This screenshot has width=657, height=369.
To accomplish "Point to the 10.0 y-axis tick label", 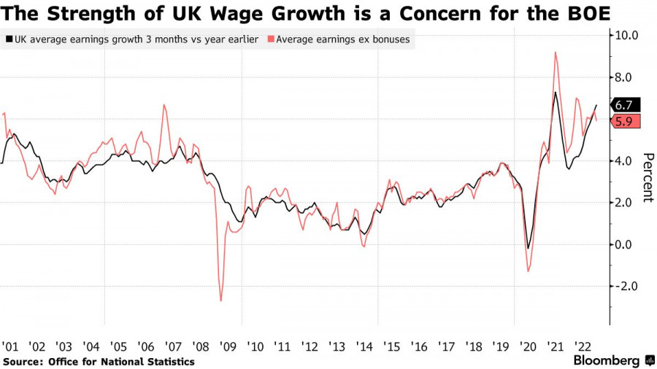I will pos(628,35).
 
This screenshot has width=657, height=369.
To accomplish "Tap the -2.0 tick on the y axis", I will pos(627,286).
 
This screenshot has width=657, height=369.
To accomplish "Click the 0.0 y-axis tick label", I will pos(628,244).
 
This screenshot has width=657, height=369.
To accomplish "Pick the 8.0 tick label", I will pos(628,77).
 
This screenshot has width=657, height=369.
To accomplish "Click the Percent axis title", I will pos(647,177).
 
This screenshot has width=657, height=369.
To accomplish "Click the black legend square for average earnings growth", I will pos(8,39).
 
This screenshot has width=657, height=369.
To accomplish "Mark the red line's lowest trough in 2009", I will pos(220,300).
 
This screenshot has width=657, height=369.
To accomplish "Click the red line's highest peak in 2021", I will pos(556,53).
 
